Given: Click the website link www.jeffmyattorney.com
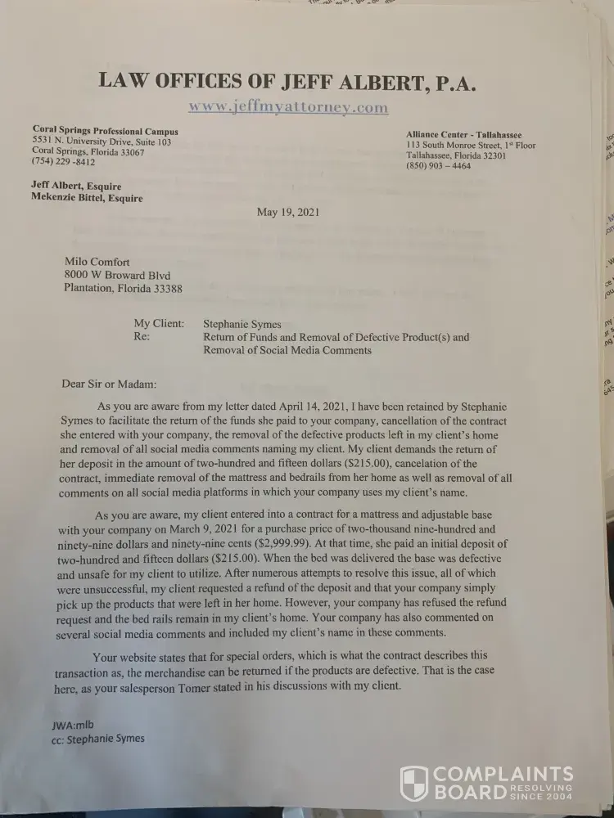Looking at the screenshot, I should [287, 107].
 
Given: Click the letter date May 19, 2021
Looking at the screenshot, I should [287, 212].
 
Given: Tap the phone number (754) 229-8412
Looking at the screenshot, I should [63, 163].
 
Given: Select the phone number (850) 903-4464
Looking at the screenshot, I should [438, 166].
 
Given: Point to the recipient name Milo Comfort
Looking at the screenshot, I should [97, 262].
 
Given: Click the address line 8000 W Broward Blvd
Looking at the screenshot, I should [117, 276].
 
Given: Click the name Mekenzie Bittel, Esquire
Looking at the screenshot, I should [87, 198].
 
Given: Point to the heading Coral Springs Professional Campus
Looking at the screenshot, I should [105, 131].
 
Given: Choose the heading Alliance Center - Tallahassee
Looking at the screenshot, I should [463, 135].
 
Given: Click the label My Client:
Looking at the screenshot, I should [159, 324].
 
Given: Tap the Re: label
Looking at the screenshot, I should [142, 337].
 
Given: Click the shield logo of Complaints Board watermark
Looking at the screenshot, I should [413, 783].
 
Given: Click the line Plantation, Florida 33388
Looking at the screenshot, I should [123, 289].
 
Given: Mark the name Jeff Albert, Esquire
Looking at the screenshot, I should [76, 186].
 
